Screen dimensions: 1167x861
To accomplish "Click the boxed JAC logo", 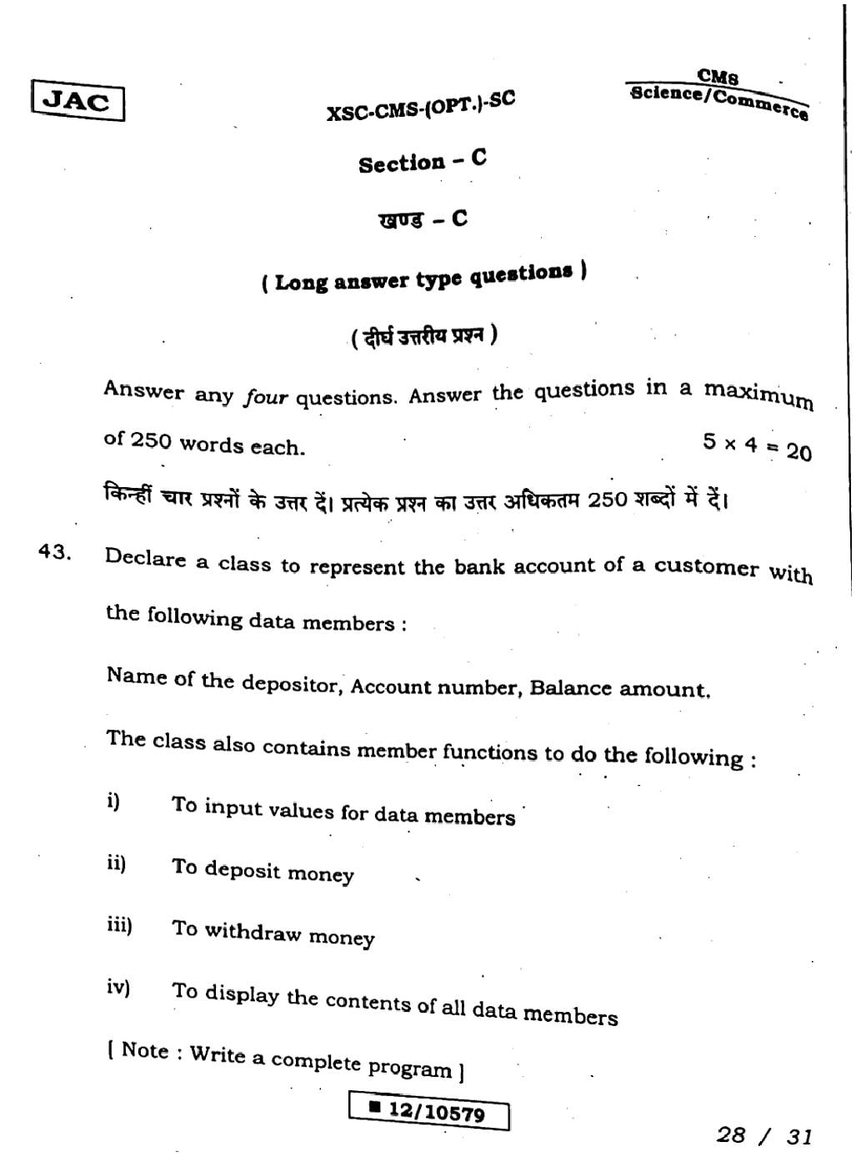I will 78,102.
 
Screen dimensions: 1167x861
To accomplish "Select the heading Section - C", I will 423,161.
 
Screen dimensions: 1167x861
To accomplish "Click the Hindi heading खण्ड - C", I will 423,219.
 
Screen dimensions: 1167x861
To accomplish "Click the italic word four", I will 265,398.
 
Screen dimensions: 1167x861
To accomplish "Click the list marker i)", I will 113,802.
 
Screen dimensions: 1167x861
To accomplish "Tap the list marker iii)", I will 119,925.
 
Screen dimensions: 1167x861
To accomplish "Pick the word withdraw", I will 253,932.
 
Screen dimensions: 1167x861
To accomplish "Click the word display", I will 242,994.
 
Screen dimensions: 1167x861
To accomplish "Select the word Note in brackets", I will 145,1050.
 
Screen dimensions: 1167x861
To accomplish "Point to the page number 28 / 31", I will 763,1135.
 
